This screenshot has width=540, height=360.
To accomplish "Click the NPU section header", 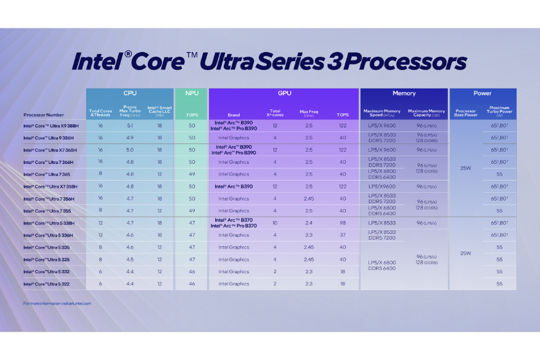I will (x=191, y=93).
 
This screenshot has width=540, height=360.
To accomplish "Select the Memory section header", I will (x=404, y=93).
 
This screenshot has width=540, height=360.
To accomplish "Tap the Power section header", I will (x=482, y=93).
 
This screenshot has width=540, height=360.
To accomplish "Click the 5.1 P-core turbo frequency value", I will (x=130, y=125).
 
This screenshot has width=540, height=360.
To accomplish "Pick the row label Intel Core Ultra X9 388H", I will (x=51, y=125).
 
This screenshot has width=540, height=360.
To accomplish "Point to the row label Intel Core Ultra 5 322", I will (x=47, y=283).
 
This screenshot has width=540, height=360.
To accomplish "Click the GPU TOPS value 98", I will (x=343, y=222).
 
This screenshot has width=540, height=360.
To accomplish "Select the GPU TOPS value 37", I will (x=343, y=235).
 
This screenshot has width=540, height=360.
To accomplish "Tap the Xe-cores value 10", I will (x=274, y=222).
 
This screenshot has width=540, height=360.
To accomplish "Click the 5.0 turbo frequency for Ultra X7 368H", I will (x=130, y=150).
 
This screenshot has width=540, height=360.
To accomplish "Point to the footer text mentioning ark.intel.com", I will (x=57, y=303).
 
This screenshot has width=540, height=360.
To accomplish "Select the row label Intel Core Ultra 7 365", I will (x=47, y=174).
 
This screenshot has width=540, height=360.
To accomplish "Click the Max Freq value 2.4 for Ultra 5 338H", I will (x=309, y=222).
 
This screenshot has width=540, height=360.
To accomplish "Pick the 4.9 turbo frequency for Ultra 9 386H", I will (x=130, y=138).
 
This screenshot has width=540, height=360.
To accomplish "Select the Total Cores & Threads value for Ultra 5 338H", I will (x=100, y=222).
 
